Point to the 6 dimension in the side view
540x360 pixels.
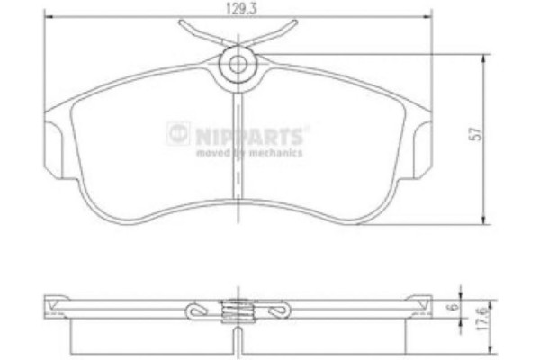[x=472, y=307]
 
